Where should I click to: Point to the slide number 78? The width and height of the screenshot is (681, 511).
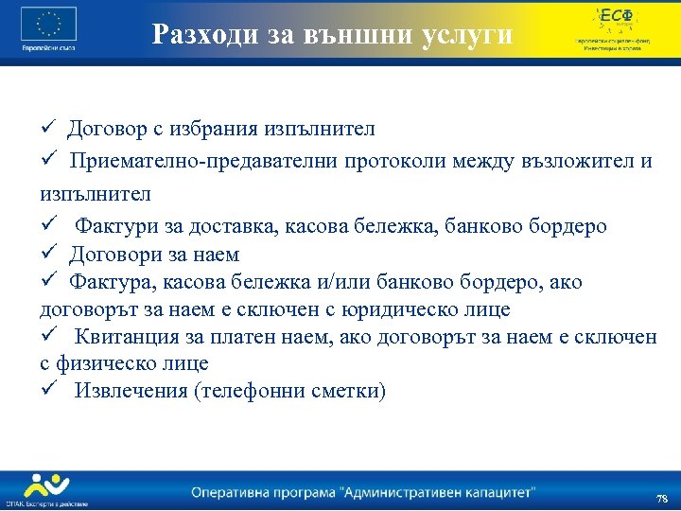click(661, 498)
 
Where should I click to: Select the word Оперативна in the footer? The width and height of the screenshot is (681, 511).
click(233, 492)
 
